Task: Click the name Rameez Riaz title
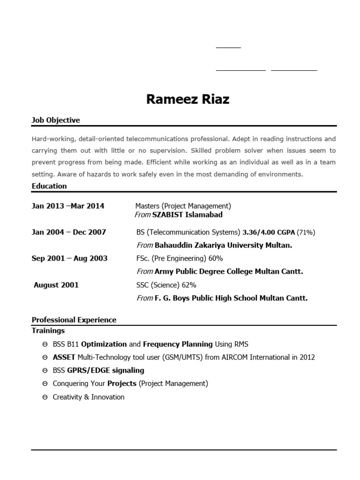point(187,99)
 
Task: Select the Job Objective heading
point(56,120)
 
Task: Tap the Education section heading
point(49,186)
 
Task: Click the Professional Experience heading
point(74,320)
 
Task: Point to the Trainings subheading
point(48,330)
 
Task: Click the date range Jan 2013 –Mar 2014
point(68,206)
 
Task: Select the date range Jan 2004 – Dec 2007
point(69,232)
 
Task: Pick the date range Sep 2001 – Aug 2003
point(69,258)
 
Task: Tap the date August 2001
point(56,285)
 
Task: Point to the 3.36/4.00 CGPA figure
point(269,232)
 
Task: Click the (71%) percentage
point(306,232)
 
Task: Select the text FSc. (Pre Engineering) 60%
point(180,258)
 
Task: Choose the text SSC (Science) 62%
point(166,285)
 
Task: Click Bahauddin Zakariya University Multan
point(223,245)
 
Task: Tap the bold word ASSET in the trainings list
point(64,357)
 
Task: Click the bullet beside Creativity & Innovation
point(45,397)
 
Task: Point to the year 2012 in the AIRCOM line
point(307,357)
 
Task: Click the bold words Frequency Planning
point(178,344)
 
